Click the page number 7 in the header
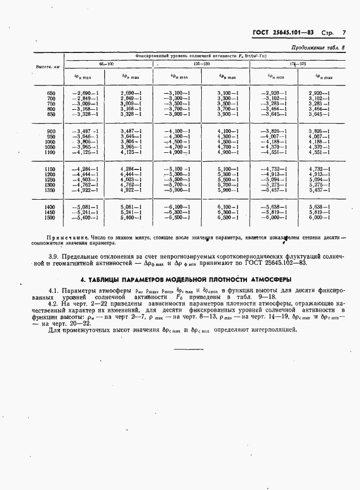point(343,33)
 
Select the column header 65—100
point(105,64)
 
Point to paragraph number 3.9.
point(54,257)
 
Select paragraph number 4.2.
point(54,303)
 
